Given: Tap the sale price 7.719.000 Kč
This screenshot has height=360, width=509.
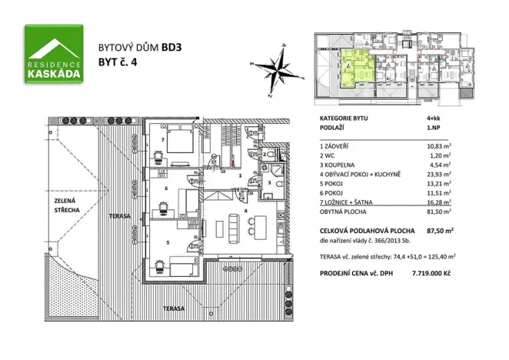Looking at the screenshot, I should [431, 273].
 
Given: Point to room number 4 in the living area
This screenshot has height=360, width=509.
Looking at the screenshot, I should [245, 211].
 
